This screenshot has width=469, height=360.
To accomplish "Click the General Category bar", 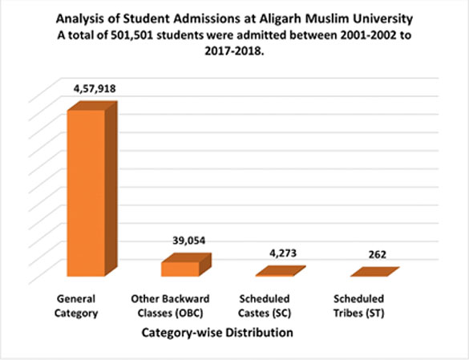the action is coord(92,189).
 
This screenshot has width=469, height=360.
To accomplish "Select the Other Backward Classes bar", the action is coord(186,265).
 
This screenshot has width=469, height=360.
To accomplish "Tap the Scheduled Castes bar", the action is coord(281,271).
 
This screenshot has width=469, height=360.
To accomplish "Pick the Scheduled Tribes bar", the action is coord(374,272).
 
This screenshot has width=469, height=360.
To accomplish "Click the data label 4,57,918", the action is coord(95,89).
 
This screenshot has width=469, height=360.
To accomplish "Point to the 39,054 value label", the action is coord(189,241).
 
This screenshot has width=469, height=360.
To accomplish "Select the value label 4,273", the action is coord(283,253).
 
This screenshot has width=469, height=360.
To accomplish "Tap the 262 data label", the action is coord(377,255).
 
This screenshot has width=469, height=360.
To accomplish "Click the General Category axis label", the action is coord(76,305).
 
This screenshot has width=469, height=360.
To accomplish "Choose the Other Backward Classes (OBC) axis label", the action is coord(170,305).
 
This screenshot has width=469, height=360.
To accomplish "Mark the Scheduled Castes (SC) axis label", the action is coord(265,305).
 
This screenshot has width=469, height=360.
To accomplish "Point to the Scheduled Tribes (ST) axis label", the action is coord(358,305).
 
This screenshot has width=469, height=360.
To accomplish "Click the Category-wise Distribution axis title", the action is coord(217,333).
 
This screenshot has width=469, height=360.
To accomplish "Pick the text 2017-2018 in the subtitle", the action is coord(234,51).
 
